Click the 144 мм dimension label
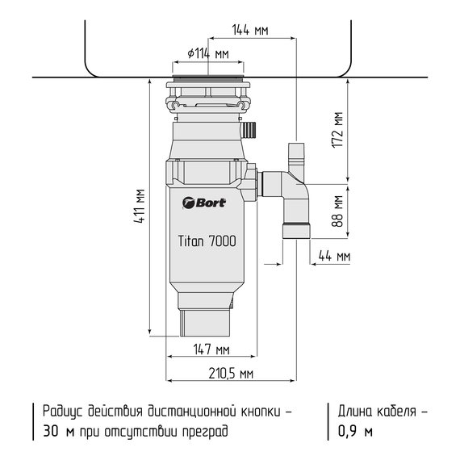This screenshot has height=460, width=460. tap(249, 30)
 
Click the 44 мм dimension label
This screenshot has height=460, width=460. tap(334, 257)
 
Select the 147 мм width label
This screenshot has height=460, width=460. tap(212, 349)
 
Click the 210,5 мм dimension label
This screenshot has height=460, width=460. tap(230, 374)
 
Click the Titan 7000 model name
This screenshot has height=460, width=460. tap(207, 240)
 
